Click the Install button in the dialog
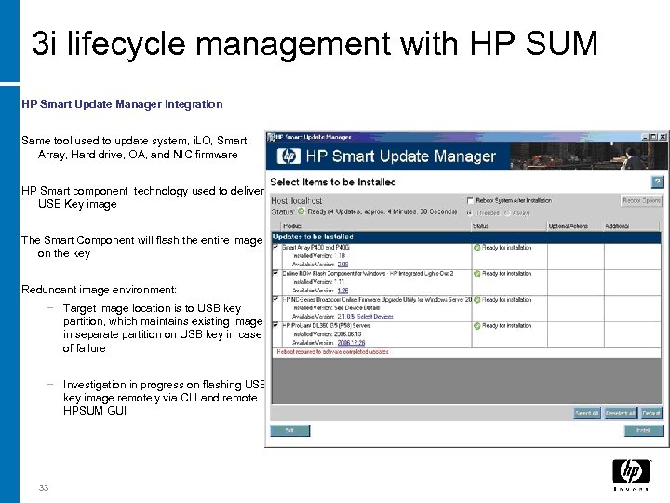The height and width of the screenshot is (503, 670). [642, 430]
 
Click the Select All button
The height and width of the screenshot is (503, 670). [586, 413]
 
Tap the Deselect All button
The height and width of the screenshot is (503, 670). [620, 413]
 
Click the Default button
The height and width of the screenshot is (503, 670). [651, 413]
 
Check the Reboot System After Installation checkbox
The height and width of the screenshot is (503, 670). [469, 200]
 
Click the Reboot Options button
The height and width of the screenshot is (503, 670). [641, 200]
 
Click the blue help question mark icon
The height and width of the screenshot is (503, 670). [657, 182]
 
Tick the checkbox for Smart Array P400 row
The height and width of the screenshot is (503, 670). [275, 247]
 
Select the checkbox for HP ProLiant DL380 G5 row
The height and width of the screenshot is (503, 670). [275, 325]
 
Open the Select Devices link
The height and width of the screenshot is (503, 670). [375, 316]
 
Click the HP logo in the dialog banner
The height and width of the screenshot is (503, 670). [290, 156]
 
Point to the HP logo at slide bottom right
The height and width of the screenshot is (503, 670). [631, 472]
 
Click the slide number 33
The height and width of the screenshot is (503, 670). [44, 489]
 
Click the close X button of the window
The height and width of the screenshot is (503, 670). [663, 137]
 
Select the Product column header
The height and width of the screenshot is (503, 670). [292, 224]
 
